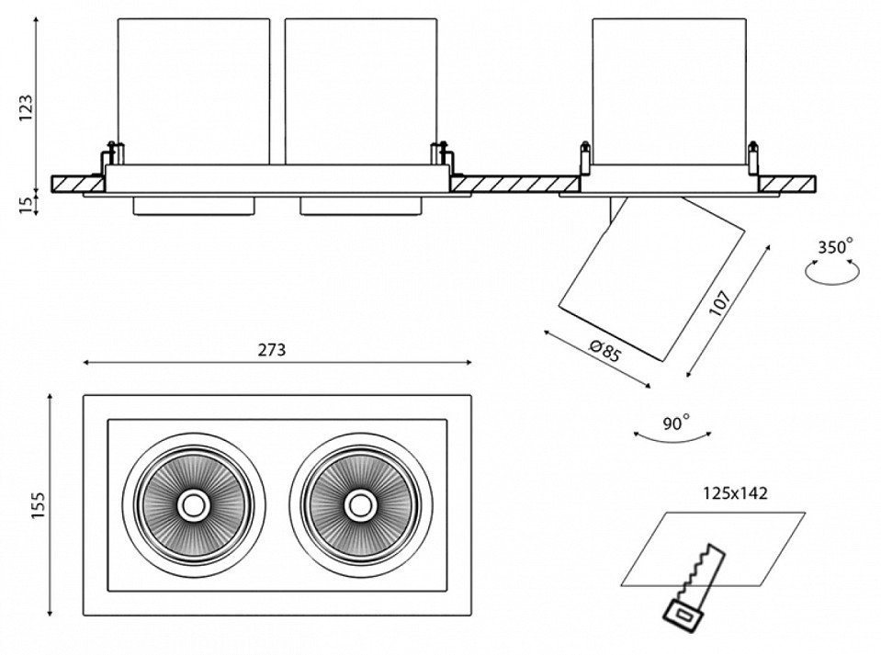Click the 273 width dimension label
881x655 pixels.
coord(272,349)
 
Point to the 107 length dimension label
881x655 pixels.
coord(720,304)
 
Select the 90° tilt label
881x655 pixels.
coord(675,423)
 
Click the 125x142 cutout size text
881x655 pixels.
coord(732,493)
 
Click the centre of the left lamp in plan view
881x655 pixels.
coord(193,503)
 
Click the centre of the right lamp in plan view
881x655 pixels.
coord(359,503)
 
